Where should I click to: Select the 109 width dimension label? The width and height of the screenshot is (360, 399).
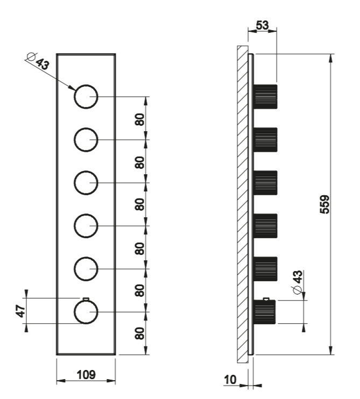(x=86, y=375)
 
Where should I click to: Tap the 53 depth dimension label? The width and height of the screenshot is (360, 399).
(x=263, y=25)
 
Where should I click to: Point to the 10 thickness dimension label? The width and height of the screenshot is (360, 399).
(x=230, y=380)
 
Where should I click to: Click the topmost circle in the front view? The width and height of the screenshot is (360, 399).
(x=86, y=97)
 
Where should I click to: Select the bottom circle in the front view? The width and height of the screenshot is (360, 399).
(x=86, y=312)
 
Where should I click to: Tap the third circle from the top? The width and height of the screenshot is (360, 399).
(x=86, y=183)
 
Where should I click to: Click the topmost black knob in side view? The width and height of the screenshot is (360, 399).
(x=265, y=97)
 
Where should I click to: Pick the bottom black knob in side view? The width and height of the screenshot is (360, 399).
(x=265, y=312)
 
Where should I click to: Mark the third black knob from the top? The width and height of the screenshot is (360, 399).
(x=265, y=183)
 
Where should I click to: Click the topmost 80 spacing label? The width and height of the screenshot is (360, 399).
(x=140, y=119)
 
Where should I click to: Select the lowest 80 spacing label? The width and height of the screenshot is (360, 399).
(x=140, y=333)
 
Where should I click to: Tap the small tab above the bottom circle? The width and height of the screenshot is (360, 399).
(x=85, y=298)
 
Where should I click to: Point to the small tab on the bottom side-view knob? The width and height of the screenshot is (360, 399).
(x=266, y=298)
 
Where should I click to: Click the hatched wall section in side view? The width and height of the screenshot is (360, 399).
(x=242, y=204)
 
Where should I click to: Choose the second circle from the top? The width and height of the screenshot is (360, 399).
(x=86, y=140)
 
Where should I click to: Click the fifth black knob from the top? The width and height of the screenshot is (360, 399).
(x=265, y=269)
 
